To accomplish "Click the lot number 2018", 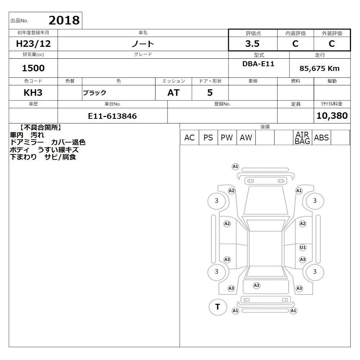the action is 64,20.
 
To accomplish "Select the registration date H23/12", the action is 33,44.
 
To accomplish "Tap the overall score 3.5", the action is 252,44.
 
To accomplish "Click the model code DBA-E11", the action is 258,64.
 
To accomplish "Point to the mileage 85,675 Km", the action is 319,68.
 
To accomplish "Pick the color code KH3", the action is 33,93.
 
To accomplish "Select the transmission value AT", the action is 174,93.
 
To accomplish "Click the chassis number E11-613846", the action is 112,116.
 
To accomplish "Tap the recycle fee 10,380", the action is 332,116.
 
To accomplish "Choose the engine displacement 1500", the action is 33,68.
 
